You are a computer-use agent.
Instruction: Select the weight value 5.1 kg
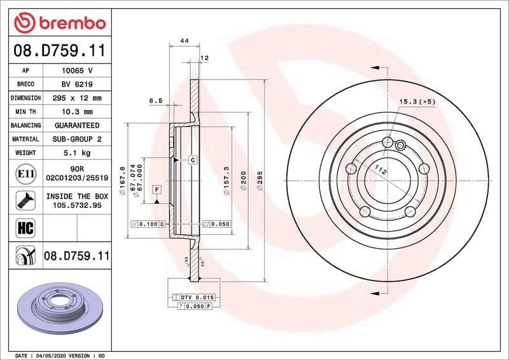coord(77,153)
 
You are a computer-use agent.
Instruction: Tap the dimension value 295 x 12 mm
coord(77,98)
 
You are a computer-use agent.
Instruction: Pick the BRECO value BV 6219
coord(77,84)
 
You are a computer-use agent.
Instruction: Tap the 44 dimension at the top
coord(185,41)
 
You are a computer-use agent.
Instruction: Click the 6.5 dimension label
coord(155,100)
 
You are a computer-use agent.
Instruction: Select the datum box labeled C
coord(192,160)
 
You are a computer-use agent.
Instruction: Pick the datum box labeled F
coord(156,190)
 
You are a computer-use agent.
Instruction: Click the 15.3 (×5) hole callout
coord(417,102)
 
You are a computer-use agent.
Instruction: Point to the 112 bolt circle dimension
coord(380,170)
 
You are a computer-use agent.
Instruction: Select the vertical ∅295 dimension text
coord(259,182)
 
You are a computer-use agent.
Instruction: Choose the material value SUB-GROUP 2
coord(77,139)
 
